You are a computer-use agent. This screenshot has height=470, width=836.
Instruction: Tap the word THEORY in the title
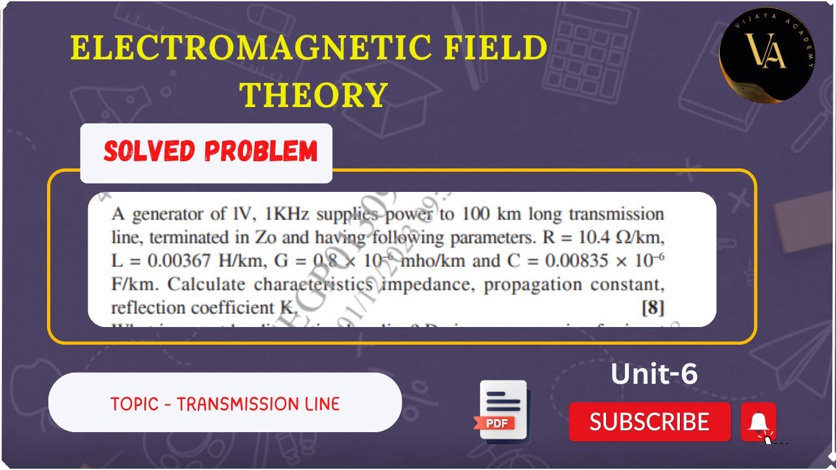pos(315,94)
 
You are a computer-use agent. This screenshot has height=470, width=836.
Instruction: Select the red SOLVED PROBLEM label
pos(210,151)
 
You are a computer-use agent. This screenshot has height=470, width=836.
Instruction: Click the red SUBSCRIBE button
pos(649,422)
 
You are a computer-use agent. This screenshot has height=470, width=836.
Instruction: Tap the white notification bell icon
pos(758,422)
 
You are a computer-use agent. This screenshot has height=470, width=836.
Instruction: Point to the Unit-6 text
pos(654,375)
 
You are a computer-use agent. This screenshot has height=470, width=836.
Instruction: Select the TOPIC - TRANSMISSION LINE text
pos(225,404)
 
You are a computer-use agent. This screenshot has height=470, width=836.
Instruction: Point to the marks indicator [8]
pos(652,307)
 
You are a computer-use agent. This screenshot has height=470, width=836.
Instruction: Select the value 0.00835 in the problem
pos(567,261)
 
